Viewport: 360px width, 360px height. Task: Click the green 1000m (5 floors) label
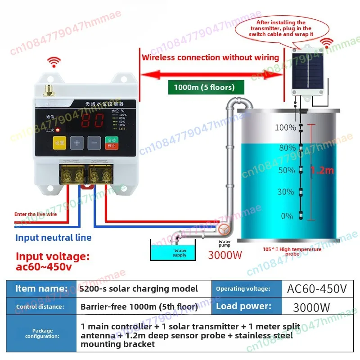click(201, 87)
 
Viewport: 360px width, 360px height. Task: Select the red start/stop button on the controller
click(111, 143)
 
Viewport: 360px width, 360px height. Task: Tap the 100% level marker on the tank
click(285, 128)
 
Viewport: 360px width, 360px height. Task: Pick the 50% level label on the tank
click(286, 170)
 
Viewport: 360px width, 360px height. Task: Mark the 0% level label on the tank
click(287, 216)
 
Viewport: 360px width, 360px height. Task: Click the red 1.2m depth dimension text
click(323, 170)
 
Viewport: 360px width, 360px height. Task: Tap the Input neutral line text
click(53, 238)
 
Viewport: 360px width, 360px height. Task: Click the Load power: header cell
click(244, 307)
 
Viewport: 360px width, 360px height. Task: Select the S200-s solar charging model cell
click(138, 288)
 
